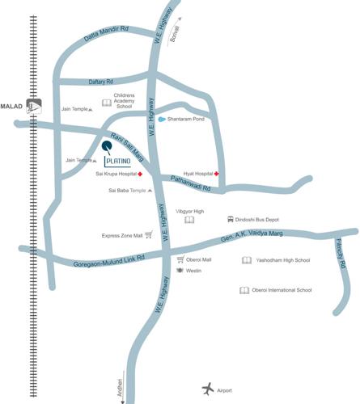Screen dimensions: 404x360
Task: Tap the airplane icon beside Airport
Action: [210, 388]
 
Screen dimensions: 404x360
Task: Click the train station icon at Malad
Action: [33, 105]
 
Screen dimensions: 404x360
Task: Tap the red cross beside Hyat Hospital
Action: [216, 174]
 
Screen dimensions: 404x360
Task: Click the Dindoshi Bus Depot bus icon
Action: [231, 219]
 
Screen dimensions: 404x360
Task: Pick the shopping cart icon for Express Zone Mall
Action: [149, 235]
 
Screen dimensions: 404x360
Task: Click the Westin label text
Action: [193, 271]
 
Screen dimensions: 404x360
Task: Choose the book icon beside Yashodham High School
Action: [246, 260]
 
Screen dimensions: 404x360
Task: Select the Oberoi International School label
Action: [282, 290]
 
